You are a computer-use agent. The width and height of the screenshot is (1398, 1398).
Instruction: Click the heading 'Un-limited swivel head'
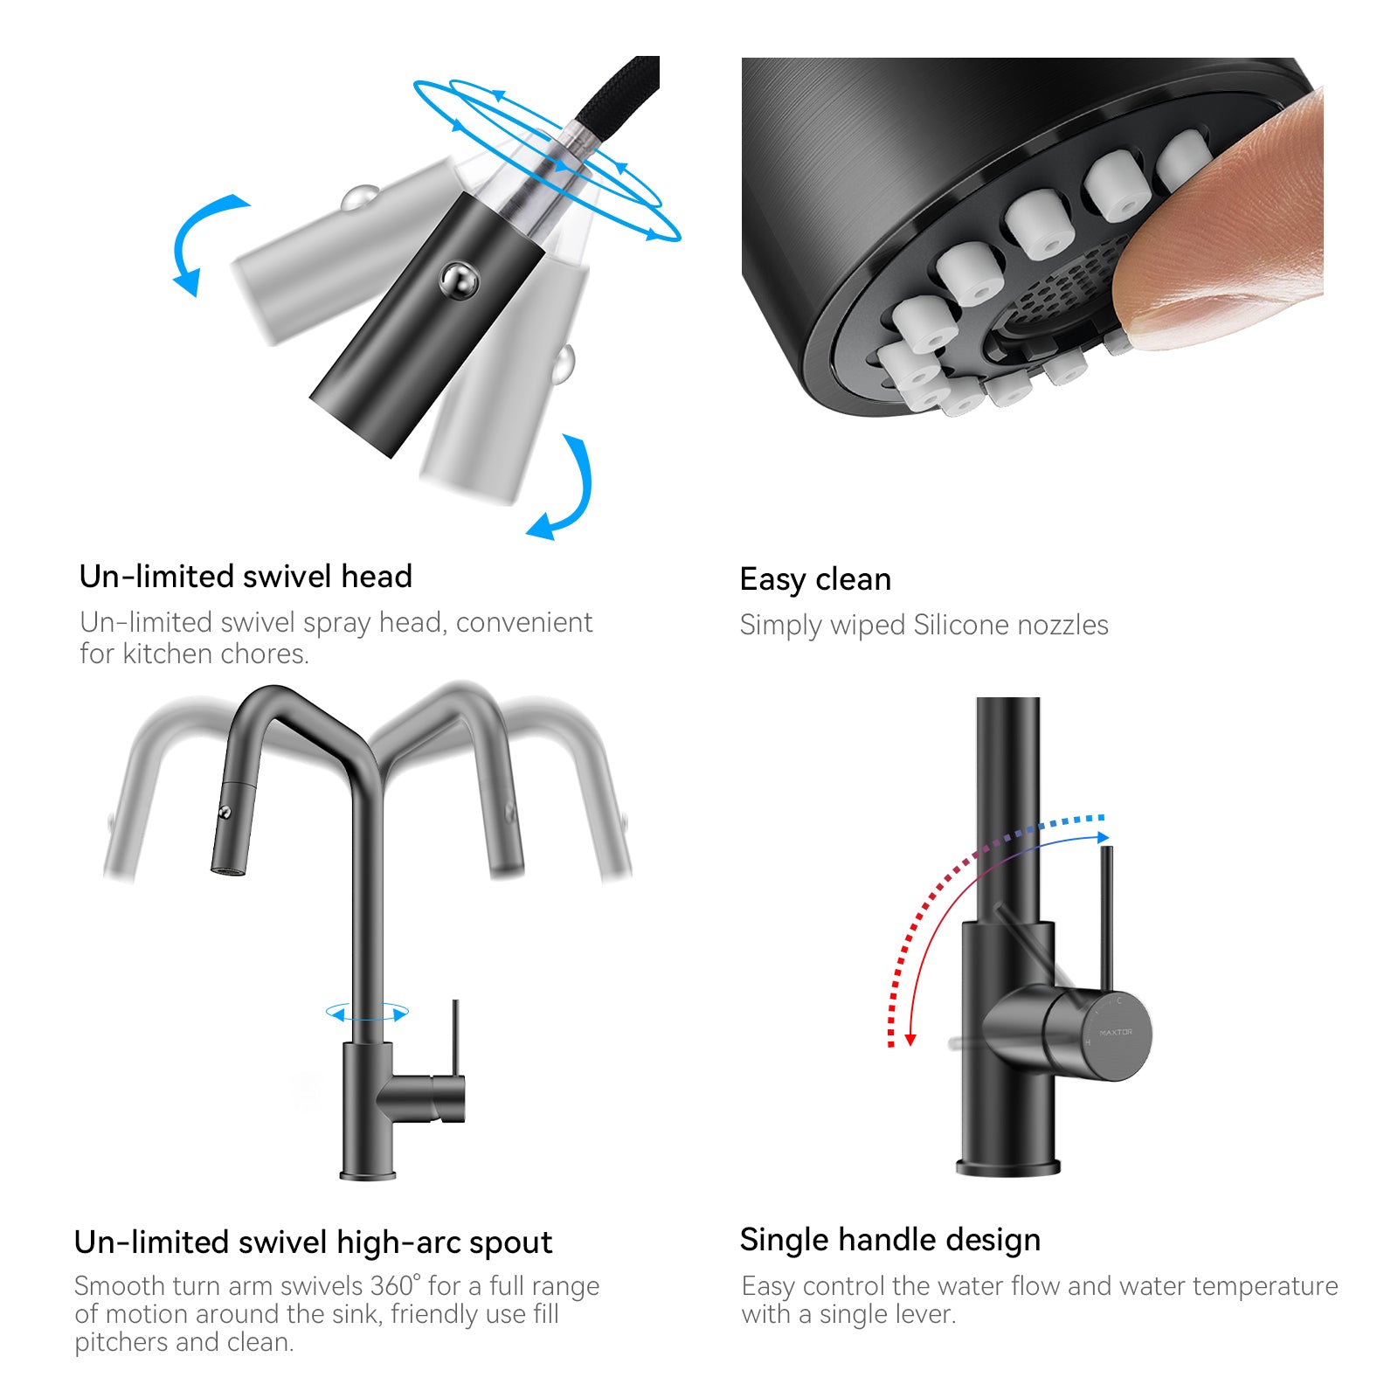246,577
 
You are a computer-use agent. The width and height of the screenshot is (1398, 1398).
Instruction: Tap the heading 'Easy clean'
815,579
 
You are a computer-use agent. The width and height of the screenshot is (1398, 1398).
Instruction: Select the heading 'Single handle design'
890,1240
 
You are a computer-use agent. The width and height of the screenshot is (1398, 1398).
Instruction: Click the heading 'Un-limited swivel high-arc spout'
313,1242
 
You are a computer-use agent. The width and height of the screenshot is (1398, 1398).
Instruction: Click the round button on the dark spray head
459,280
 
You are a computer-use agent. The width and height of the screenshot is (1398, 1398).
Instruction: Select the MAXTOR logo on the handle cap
1116,1032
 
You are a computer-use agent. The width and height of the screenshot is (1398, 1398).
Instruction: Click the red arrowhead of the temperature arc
910,1040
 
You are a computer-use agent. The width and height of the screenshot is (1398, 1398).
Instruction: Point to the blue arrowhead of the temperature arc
1104,837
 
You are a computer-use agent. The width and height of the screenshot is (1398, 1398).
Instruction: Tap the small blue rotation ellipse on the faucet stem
367,1014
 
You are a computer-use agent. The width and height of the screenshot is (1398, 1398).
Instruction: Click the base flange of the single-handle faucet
1008,1166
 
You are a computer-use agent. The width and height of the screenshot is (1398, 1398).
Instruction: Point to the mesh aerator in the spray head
1066,288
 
